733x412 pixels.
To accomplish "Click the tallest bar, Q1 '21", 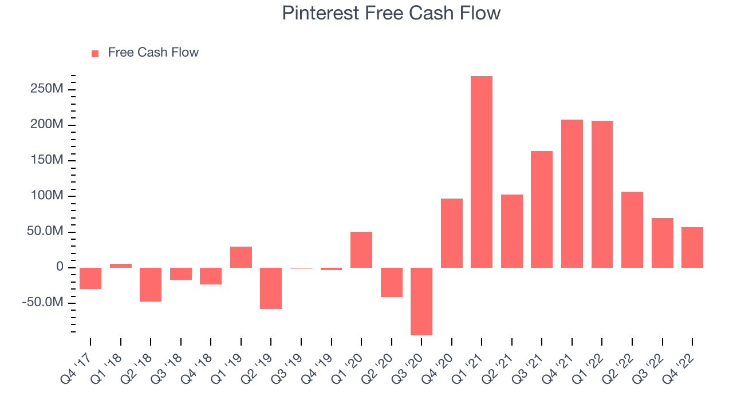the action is (x=482, y=172).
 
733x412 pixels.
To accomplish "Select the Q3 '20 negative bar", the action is (x=421, y=302).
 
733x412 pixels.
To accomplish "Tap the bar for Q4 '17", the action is (x=90, y=278).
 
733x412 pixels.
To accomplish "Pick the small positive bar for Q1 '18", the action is (x=121, y=266).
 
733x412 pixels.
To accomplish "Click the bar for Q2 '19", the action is (x=271, y=288).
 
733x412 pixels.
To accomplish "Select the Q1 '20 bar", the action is (x=361, y=250).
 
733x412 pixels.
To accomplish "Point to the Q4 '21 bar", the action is (x=572, y=194).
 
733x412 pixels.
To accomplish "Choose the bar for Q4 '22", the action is (x=692, y=248).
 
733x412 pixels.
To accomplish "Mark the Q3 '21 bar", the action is (x=542, y=209).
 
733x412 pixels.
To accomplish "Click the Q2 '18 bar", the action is (x=151, y=284).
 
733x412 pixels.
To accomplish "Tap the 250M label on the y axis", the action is (x=47, y=89).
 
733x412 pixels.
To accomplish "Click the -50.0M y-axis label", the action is (x=43, y=303).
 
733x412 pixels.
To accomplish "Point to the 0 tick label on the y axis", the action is (x=60, y=267).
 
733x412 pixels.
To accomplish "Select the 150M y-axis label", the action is (x=47, y=160).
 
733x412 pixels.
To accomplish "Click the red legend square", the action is (x=95, y=54).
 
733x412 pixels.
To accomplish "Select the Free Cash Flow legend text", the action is (x=153, y=52).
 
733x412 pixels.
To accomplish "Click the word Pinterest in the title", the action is (x=320, y=13).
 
